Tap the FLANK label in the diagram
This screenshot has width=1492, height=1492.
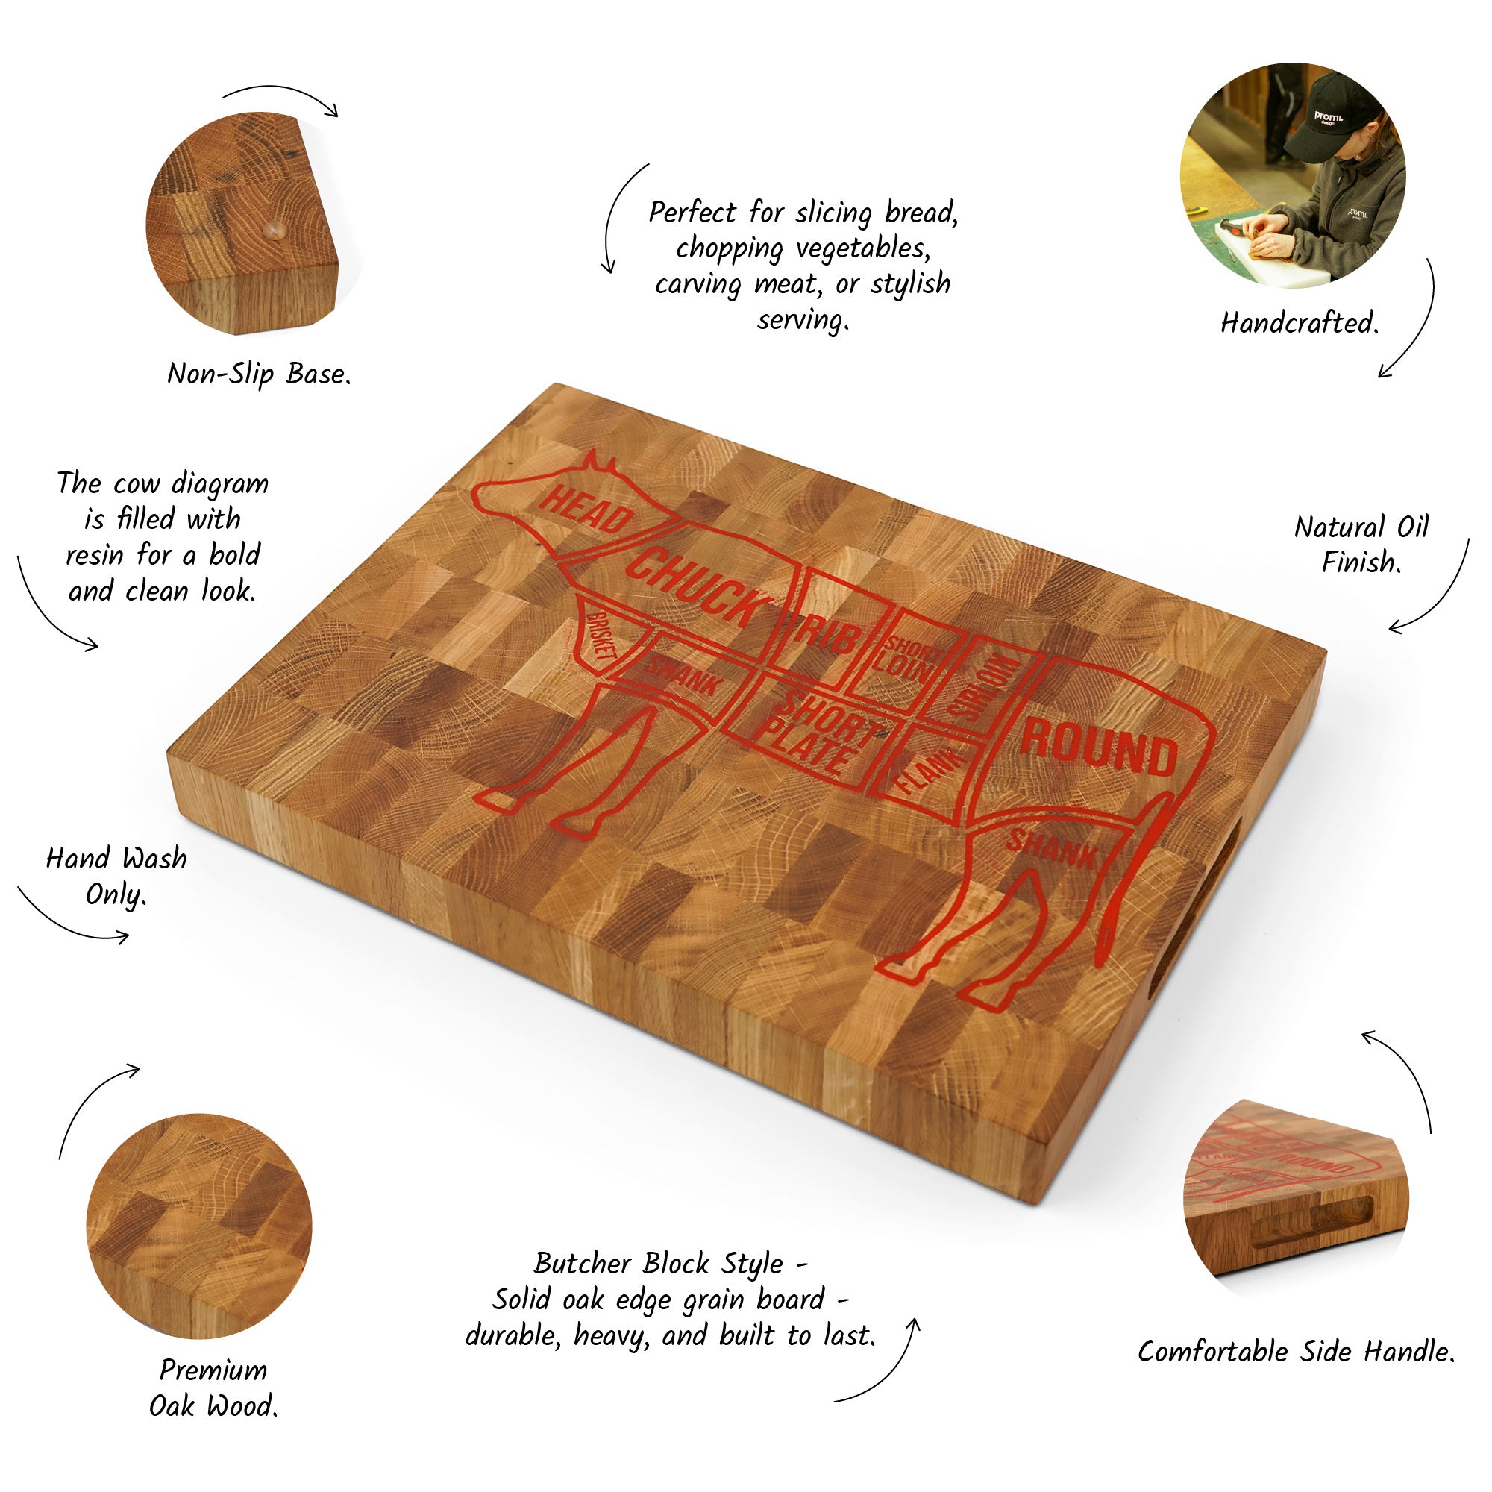pyautogui.click(x=930, y=772)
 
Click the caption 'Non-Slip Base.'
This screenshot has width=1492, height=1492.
pyautogui.click(x=260, y=374)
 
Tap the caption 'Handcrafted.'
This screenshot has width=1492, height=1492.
pyautogui.click(x=1300, y=323)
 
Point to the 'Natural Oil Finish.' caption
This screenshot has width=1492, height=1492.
pyautogui.click(x=1361, y=545)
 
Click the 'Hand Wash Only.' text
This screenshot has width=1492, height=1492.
pyautogui.click(x=116, y=877)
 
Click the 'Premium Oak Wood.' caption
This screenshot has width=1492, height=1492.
pyautogui.click(x=213, y=1388)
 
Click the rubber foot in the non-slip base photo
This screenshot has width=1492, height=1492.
pyautogui.click(x=273, y=228)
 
